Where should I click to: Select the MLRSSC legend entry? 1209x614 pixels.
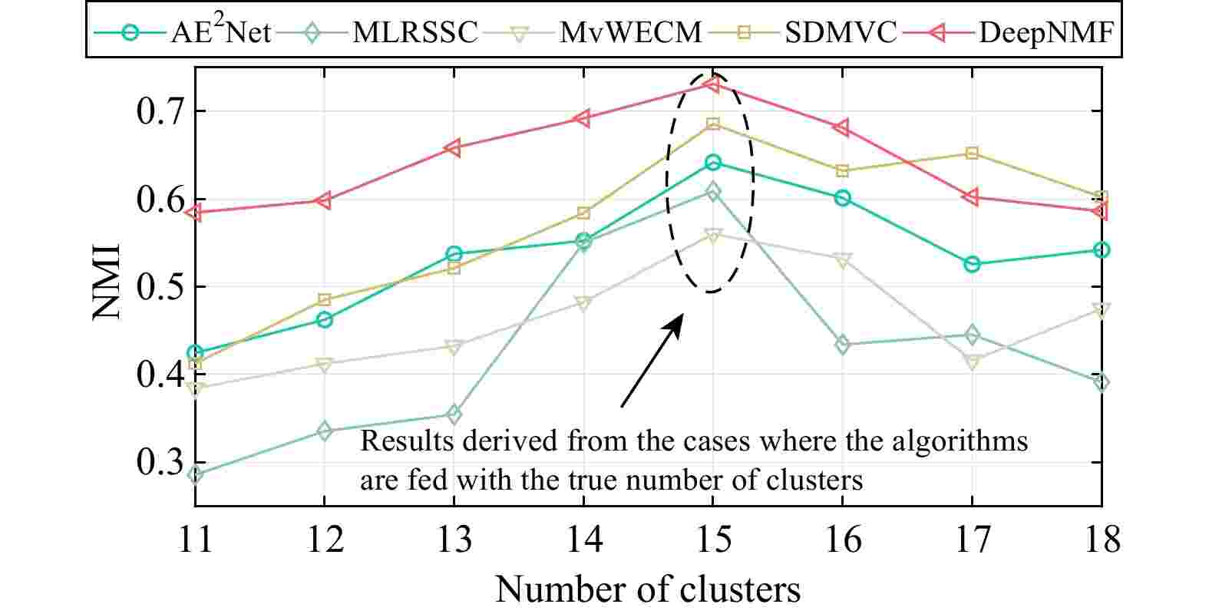click(415, 32)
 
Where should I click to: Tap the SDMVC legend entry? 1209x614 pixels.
click(841, 32)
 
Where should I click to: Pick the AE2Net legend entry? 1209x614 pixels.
click(219, 32)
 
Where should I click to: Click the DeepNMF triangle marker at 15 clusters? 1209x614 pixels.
click(713, 84)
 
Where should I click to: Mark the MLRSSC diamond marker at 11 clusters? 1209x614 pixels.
click(195, 475)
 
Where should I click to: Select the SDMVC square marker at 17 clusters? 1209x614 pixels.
click(972, 153)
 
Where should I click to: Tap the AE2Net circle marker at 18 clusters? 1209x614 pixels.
click(1102, 250)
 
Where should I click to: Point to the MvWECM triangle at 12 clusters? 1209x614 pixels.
click(324, 364)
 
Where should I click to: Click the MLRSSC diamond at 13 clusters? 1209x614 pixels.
click(454, 415)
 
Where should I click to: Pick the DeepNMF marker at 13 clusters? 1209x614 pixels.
click(454, 148)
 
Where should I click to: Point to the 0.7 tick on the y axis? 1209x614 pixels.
click(162, 112)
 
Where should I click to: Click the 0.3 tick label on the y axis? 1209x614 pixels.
click(162, 463)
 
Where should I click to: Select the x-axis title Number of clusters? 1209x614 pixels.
click(648, 589)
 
